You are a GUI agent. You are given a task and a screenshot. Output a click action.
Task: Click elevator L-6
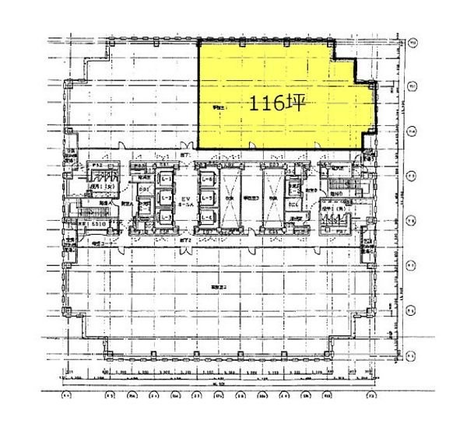click(x=208, y=180)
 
